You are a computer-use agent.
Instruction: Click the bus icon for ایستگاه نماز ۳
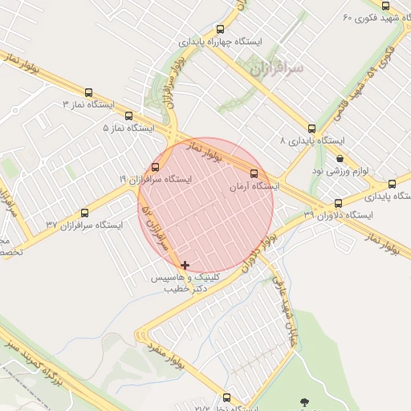pos(88,92)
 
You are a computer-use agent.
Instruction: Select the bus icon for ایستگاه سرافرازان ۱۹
pos(155,167)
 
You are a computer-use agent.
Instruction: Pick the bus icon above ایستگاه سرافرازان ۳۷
pos(84,213)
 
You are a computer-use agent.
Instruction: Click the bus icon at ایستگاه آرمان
pos(254,173)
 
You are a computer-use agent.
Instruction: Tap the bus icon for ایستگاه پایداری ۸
pos(311,128)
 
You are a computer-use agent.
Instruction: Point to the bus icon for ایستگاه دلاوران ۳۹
pos(338,203)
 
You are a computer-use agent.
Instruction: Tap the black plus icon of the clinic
pos(185,265)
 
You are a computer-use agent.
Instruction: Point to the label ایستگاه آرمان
pos(254,185)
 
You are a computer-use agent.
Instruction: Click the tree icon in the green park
pos(303,401)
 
